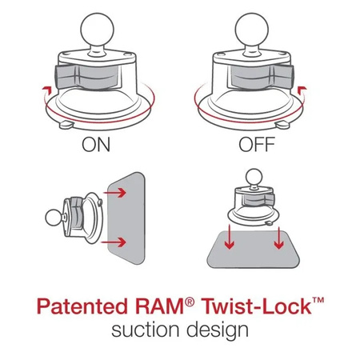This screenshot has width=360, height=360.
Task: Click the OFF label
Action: click(257, 146)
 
